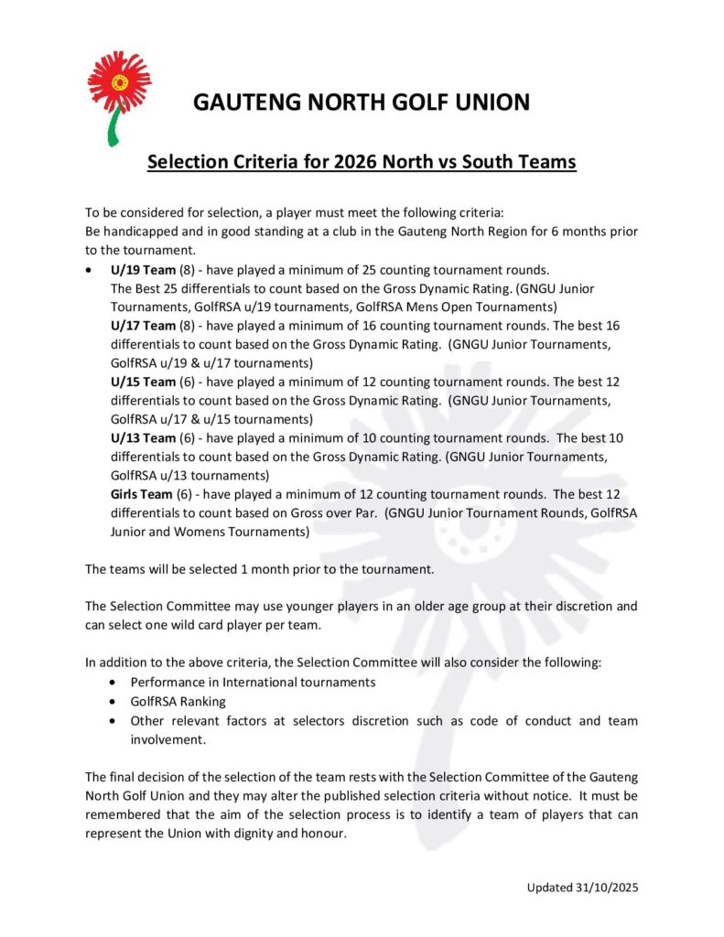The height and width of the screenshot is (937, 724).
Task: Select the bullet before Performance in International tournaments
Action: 112,683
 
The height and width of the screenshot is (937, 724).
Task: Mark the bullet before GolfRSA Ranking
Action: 112,702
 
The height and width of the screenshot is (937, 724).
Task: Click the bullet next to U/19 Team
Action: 87,272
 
